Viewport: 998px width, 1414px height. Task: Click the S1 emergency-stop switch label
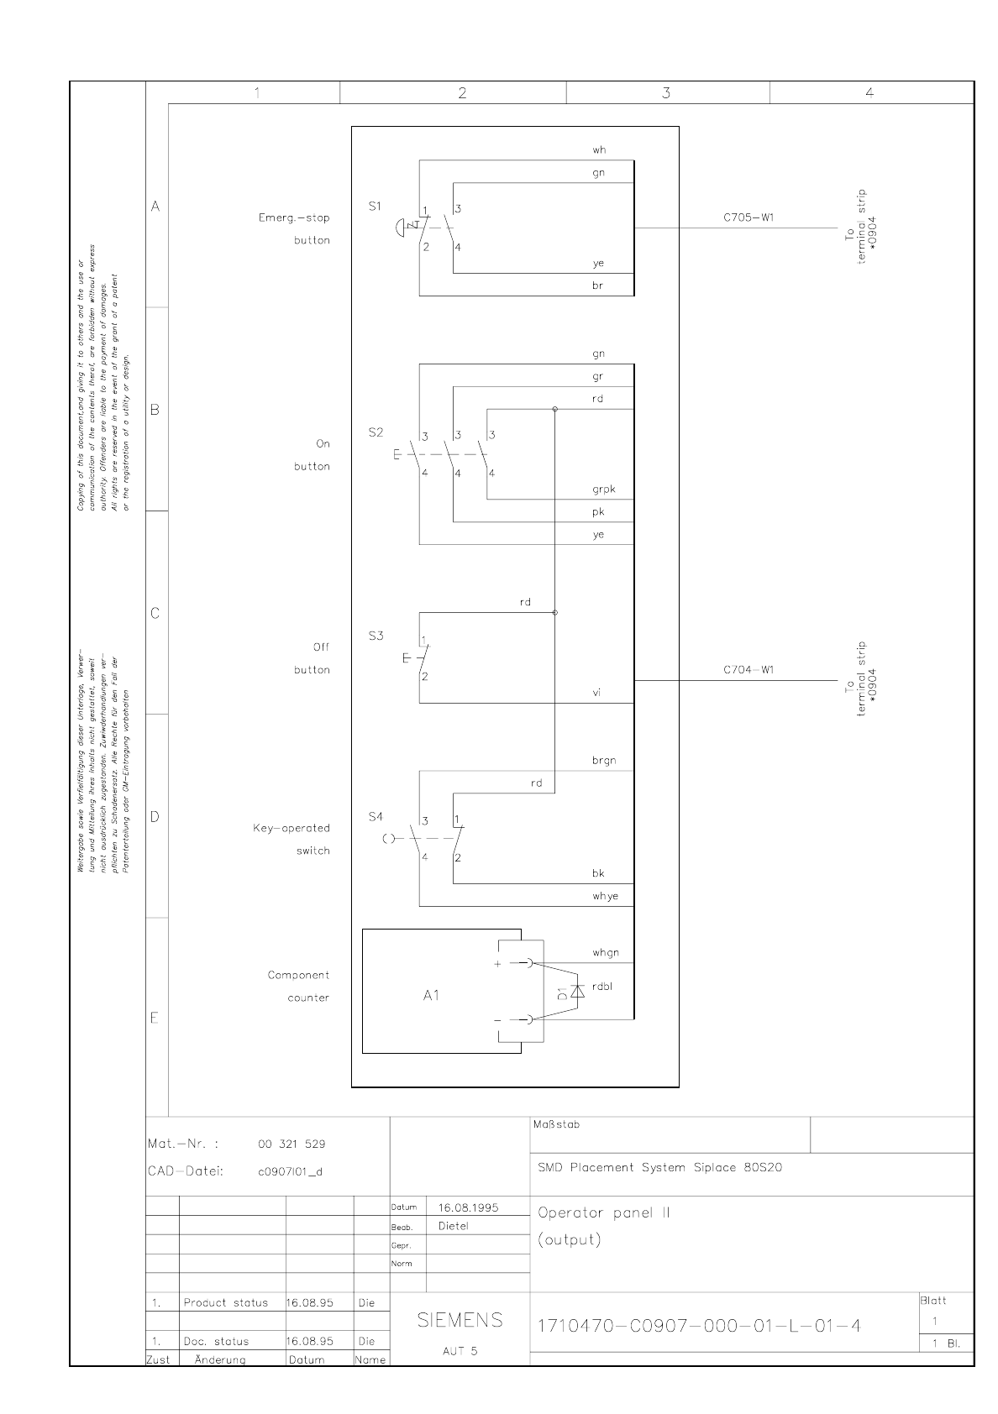click(375, 206)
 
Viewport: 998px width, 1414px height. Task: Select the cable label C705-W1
click(748, 217)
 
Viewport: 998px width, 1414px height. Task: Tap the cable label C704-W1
click(748, 670)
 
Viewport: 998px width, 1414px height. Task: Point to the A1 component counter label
click(431, 996)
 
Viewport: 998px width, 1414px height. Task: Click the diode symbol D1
click(576, 992)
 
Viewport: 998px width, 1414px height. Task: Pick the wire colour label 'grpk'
click(603, 490)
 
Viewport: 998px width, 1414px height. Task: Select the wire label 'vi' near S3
click(596, 693)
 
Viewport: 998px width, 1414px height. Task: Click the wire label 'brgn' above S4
click(603, 761)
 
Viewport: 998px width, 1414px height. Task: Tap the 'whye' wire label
click(605, 896)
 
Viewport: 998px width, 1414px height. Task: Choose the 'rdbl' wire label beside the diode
click(601, 987)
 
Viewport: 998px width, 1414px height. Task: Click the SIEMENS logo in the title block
click(460, 1320)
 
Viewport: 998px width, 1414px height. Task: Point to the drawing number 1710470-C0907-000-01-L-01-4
click(699, 1326)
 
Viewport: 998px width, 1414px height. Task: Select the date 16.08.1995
click(468, 1207)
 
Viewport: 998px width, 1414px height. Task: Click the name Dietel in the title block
click(454, 1226)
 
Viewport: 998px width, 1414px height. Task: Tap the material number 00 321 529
click(292, 1144)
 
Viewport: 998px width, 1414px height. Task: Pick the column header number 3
click(666, 93)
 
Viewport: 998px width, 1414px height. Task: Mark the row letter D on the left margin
click(155, 817)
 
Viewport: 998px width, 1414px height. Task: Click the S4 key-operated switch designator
click(376, 816)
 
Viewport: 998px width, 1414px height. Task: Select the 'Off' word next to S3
click(321, 647)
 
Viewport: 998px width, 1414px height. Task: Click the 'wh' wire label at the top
click(598, 150)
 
